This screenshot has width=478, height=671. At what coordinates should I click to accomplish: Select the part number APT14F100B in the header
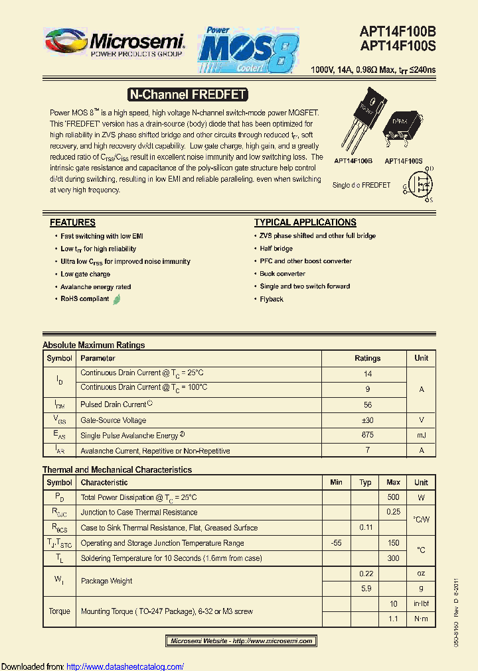pos(398,31)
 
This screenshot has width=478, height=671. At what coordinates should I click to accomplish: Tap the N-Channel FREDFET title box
pos(187,95)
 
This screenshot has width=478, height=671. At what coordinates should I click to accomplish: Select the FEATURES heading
pos(72,223)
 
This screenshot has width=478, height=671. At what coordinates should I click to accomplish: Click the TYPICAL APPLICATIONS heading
pos(305,223)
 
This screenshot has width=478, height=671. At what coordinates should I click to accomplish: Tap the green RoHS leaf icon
pos(117,299)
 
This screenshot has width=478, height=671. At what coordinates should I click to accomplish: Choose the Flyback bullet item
pos(272,299)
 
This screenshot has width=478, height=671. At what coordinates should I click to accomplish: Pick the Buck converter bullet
pos(282,274)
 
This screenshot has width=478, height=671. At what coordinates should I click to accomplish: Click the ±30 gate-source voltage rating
pos(367,420)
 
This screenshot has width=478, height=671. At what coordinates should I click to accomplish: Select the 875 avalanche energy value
pos(367,435)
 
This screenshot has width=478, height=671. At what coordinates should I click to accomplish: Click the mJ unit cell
pos(421,435)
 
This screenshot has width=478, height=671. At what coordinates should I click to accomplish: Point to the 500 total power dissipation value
pos(393,497)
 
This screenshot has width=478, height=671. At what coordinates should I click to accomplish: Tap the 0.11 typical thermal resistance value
pos(365,528)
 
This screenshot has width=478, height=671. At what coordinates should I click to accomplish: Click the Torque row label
pos(59,611)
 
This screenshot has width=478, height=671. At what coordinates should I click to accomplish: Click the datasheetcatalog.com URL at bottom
pos(125,666)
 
